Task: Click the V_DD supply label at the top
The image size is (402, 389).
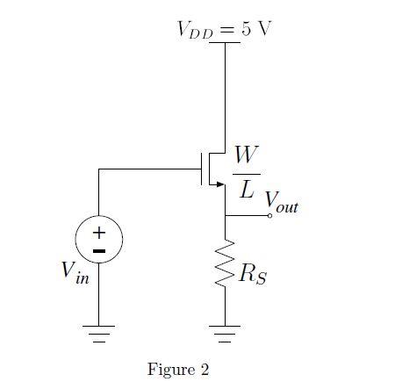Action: point(194,30)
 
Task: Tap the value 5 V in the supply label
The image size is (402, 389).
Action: point(257,28)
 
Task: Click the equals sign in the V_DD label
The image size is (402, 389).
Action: point(226,29)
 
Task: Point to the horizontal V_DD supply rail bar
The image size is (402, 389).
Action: point(226,42)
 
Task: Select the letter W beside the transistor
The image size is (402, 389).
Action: point(247,156)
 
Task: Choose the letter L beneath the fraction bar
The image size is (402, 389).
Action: point(248,188)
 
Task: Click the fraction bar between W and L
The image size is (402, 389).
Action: point(247,173)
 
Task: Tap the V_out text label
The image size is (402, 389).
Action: point(281,204)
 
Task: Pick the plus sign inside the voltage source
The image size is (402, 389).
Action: point(99,233)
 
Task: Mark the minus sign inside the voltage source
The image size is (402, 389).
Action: point(99,250)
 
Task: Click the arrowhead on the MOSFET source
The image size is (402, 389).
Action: point(219,184)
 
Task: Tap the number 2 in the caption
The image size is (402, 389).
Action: point(205,369)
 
